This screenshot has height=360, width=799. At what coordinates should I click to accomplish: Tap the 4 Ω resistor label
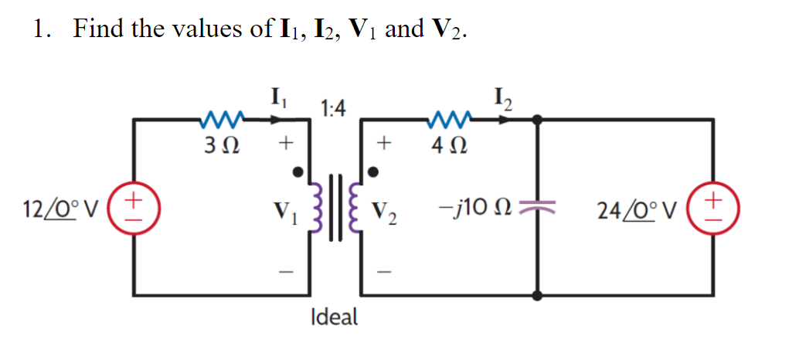pyautogui.click(x=448, y=144)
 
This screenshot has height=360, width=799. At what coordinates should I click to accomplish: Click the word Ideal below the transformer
pyautogui.click(x=333, y=317)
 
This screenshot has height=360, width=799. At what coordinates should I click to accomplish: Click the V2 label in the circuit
pyautogui.click(x=385, y=210)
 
